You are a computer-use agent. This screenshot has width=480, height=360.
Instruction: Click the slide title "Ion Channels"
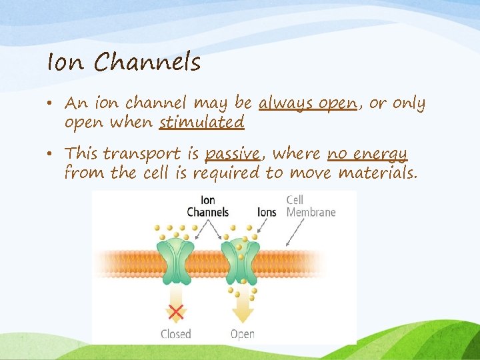pyautogui.click(x=123, y=62)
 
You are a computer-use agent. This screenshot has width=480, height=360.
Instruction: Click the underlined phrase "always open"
pyautogui.click(x=307, y=104)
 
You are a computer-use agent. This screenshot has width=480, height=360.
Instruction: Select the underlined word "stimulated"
pyautogui.click(x=201, y=123)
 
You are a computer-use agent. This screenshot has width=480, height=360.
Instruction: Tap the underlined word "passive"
pyautogui.click(x=231, y=154)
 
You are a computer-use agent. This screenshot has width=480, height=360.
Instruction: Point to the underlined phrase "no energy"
pyautogui.click(x=367, y=154)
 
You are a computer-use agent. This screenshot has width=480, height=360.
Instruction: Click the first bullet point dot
pyautogui.click(x=53, y=105)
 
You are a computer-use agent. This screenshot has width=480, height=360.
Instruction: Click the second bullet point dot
pyautogui.click(x=53, y=155)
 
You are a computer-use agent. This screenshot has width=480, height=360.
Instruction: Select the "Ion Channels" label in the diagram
pyautogui.click(x=207, y=206)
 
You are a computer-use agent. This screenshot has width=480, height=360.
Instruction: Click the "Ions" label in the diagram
pyautogui.click(x=267, y=212)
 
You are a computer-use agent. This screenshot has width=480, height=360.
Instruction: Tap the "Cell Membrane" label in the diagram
pyautogui.click(x=311, y=206)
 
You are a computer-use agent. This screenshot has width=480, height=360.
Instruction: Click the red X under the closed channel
pyautogui.click(x=176, y=311)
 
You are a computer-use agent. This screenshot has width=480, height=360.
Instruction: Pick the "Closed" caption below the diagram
pyautogui.click(x=176, y=334)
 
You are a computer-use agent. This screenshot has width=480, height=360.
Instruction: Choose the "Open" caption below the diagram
pyautogui.click(x=242, y=334)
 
